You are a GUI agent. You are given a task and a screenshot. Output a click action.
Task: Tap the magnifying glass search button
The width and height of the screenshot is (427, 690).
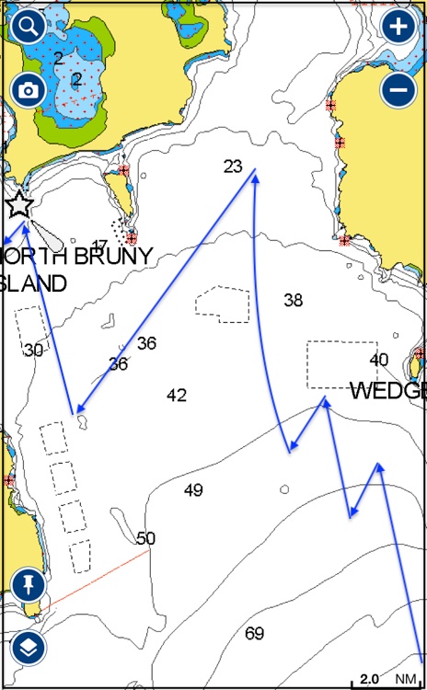pos(29,25)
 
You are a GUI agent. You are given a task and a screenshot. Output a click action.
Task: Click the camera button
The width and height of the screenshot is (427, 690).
pos(29,89)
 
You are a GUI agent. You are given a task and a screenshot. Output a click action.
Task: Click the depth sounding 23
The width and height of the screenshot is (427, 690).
pos(233,167)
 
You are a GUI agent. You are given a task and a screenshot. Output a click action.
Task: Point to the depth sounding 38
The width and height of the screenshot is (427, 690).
pos(294,300)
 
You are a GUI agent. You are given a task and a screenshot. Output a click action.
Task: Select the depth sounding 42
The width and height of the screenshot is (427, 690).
pos(177,396)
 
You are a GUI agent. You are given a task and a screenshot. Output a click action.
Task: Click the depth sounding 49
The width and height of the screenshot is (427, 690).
pos(193,490)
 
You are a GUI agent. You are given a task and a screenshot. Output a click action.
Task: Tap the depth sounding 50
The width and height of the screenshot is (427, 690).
pos(146,538)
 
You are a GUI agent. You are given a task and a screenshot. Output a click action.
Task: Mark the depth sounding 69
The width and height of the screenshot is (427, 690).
pos(254,633)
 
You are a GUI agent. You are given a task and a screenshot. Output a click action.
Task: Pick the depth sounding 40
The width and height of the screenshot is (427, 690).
pos(379,360)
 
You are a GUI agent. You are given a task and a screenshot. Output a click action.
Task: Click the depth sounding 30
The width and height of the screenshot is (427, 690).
pos(34,351)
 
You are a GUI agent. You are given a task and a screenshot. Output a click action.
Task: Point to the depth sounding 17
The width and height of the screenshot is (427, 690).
pos(99,246)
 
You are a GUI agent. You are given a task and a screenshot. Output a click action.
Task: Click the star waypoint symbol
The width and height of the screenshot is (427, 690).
pos(19,204)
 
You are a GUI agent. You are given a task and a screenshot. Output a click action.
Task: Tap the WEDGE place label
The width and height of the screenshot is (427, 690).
pos(387,391)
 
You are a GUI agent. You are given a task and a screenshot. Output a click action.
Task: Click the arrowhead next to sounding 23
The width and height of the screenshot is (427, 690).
pos(254,177)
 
